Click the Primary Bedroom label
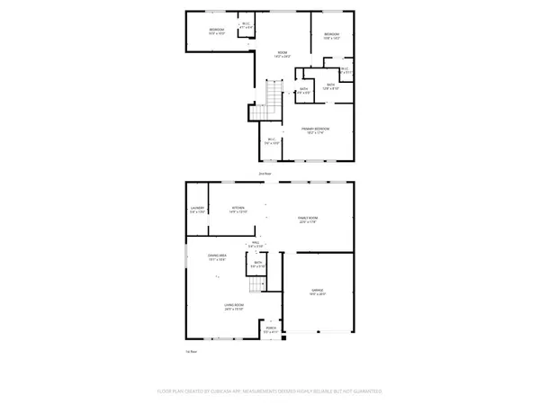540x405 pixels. point(315,131)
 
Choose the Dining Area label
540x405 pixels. point(217,258)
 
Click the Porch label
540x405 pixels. point(271,329)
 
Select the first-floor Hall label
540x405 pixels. point(256,244)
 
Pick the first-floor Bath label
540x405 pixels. point(257,265)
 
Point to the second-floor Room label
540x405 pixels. point(282,54)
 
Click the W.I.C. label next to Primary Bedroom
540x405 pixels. point(274,139)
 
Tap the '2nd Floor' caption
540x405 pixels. point(265,172)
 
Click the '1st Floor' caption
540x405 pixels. point(190,352)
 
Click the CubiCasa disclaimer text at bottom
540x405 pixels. point(269,391)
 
